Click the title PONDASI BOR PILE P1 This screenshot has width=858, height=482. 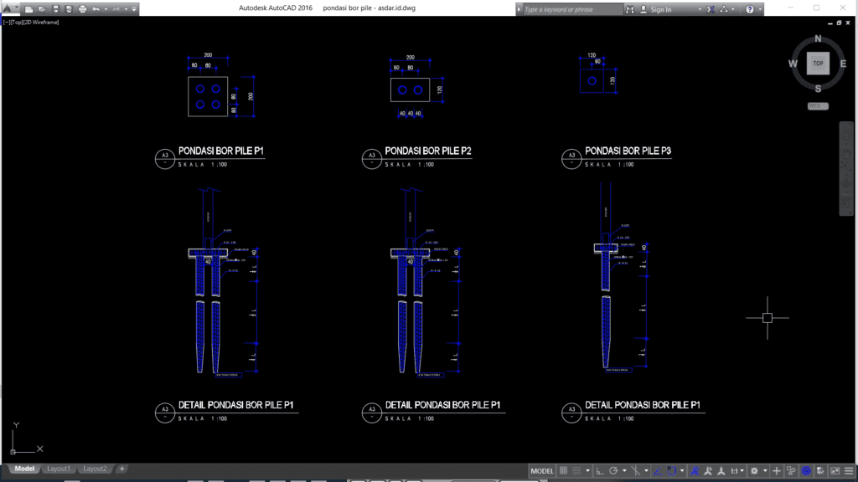click(221, 151)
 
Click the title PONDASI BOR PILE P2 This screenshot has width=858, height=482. click(427, 151)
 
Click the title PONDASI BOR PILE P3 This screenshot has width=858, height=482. click(628, 151)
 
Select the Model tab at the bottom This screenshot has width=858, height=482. click(24, 469)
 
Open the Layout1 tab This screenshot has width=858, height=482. click(59, 469)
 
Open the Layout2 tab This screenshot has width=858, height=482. click(95, 469)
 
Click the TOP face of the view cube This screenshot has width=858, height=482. click(818, 63)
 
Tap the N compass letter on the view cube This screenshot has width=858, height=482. click(819, 38)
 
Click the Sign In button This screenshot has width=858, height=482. click(660, 9)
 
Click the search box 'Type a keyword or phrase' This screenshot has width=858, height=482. click(570, 9)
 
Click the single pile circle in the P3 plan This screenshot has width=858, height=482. click(592, 82)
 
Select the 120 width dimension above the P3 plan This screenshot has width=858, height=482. click(592, 55)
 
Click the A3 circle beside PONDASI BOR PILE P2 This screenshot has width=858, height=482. click(369, 156)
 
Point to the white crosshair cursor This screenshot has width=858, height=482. click(767, 317)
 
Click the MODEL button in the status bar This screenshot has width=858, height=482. click(542, 471)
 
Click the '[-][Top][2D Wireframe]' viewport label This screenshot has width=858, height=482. click(31, 22)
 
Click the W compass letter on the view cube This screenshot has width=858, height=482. click(793, 64)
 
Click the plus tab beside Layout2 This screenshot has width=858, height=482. click(122, 469)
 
